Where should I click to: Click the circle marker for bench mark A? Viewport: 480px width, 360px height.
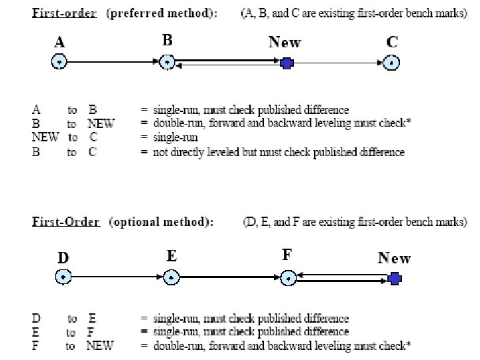[59, 63]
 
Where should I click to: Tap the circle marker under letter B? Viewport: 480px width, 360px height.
[167, 63]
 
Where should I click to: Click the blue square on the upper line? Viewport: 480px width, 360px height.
[287, 63]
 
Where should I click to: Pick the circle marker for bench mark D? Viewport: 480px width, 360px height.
[63, 277]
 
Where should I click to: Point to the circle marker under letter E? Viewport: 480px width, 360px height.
[171, 277]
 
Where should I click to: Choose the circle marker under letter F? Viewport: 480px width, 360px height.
[287, 277]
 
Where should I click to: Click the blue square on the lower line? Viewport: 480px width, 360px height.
[395, 277]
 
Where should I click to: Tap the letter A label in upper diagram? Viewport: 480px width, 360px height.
[60, 43]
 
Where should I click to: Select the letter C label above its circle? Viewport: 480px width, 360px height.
[393, 42]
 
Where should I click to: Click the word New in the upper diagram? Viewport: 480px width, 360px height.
[285, 42]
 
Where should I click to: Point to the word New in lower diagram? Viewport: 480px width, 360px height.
[394, 257]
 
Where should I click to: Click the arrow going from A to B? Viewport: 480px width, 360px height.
[113, 63]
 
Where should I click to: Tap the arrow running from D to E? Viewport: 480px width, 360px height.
[117, 277]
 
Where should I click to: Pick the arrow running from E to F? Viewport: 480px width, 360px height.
[229, 277]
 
